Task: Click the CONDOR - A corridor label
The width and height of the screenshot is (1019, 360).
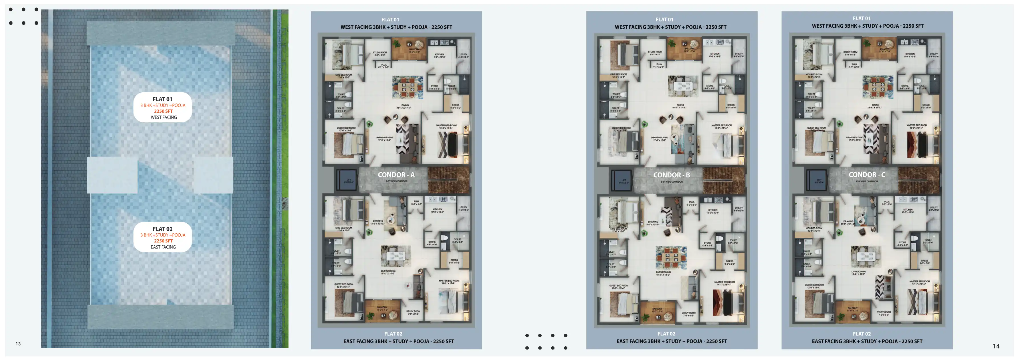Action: (x=396, y=175)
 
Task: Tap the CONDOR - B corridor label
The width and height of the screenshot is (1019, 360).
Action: (x=671, y=175)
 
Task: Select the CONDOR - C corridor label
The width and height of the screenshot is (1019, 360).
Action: (x=867, y=175)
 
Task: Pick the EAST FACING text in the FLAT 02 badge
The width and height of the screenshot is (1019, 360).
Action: (x=163, y=247)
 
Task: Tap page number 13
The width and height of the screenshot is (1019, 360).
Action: (x=18, y=344)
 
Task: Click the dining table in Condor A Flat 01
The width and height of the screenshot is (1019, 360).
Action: (x=407, y=87)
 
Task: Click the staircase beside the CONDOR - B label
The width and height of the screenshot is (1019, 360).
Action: (x=724, y=180)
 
